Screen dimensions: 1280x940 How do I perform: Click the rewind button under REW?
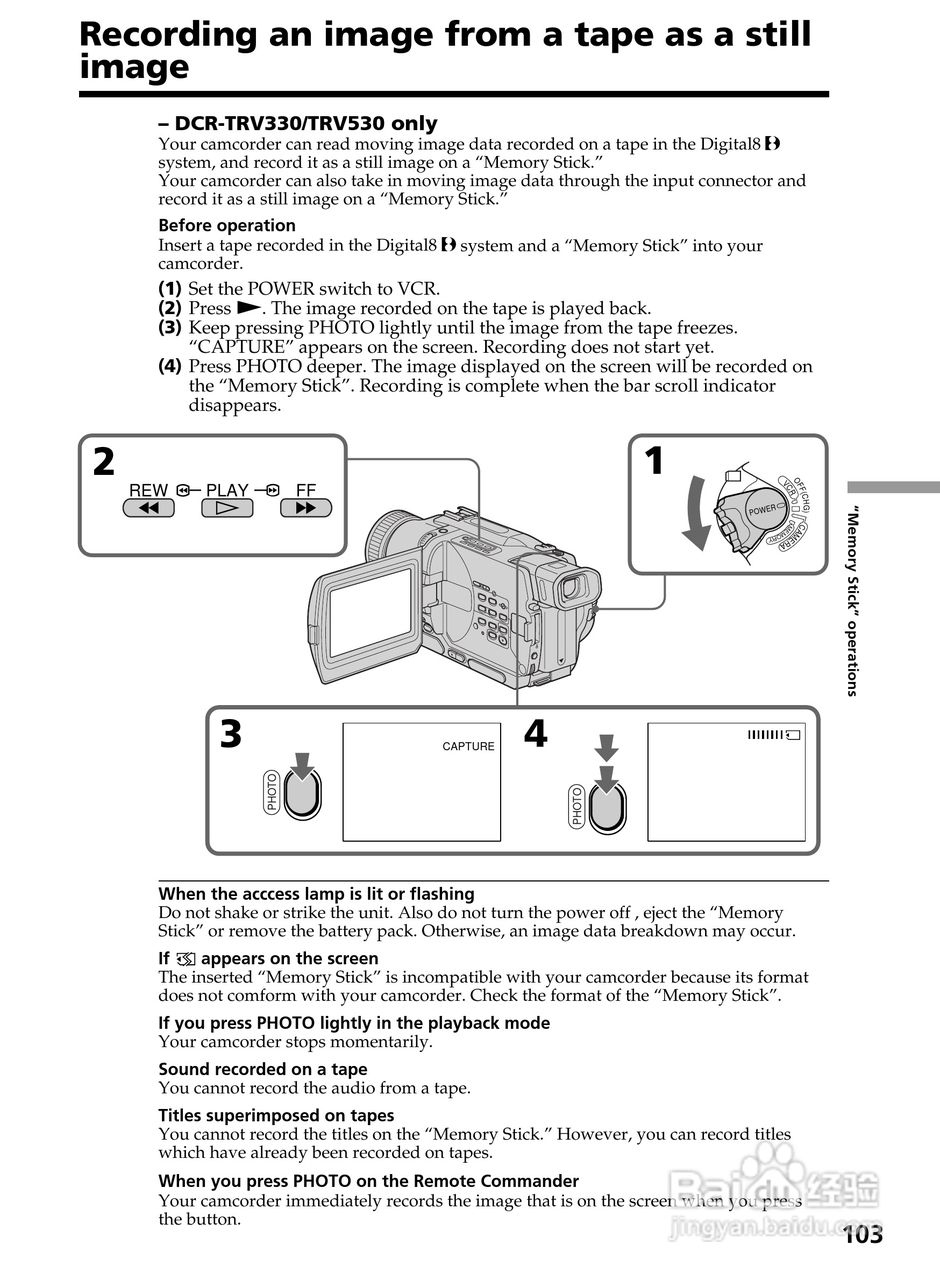[x=148, y=508]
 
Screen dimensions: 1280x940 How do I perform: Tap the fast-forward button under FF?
[x=306, y=508]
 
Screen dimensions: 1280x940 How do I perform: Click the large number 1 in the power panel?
[x=654, y=462]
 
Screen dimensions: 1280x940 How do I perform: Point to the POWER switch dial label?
[x=762, y=510]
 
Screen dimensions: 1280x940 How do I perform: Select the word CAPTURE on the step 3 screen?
[x=468, y=746]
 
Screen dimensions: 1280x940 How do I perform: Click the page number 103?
[x=862, y=1235]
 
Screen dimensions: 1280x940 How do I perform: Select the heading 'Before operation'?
[x=227, y=226]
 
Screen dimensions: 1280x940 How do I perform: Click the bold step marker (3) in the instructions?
[x=170, y=327]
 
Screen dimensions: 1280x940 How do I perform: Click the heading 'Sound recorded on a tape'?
[x=262, y=1069]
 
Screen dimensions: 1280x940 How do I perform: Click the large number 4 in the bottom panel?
[x=536, y=735]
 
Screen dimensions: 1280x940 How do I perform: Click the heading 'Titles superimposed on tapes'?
[x=276, y=1115]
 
